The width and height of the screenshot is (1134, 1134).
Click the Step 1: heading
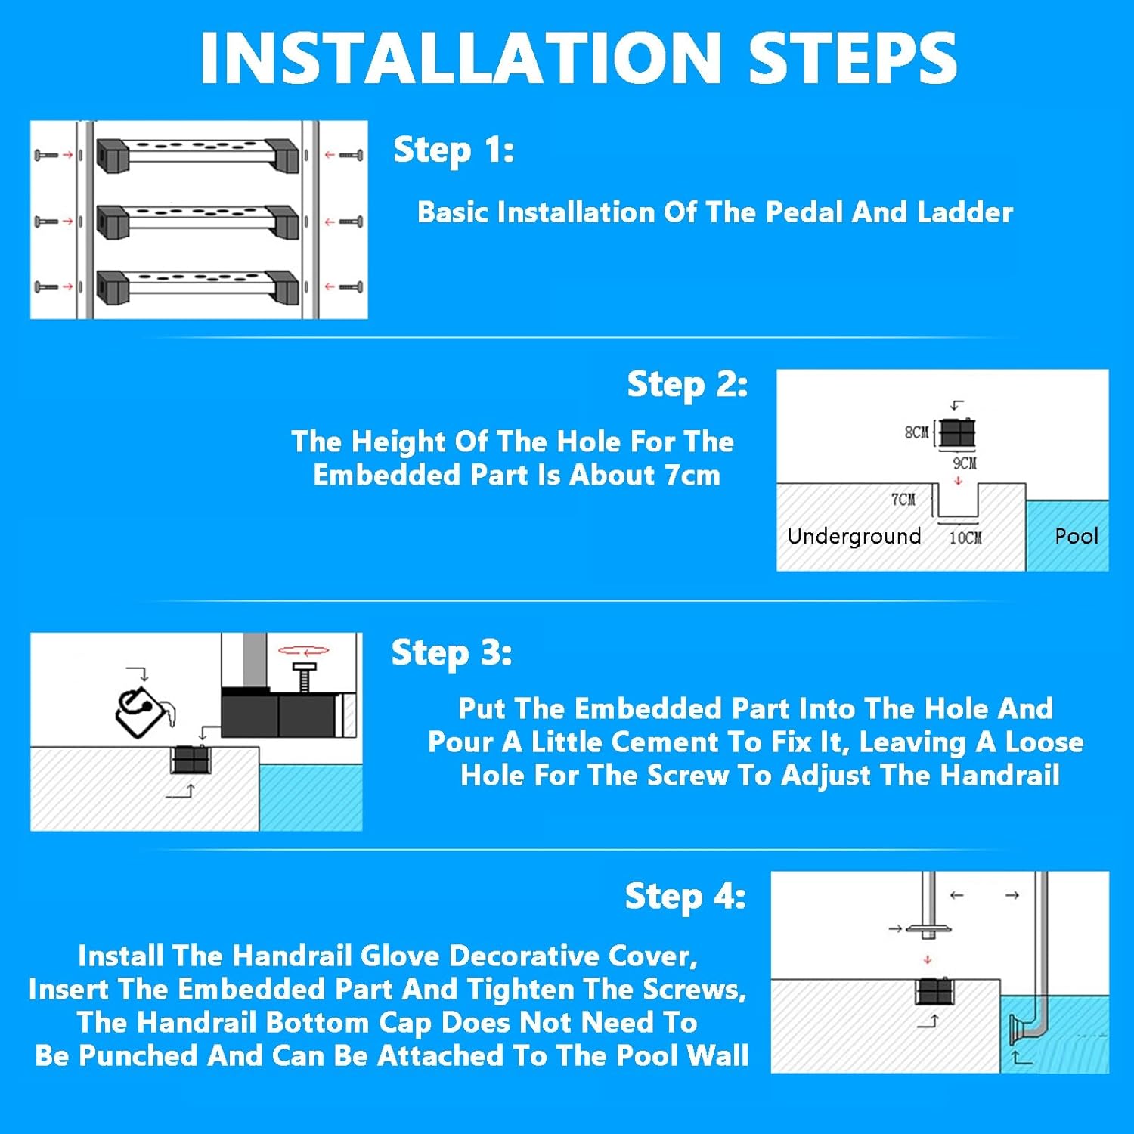(454, 150)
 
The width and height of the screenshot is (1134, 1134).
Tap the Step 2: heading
(687, 384)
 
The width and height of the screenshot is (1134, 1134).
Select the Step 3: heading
(451, 652)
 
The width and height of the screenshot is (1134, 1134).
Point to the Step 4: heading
(685, 897)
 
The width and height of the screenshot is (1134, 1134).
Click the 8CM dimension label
(916, 432)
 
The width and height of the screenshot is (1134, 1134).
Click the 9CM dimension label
(965, 463)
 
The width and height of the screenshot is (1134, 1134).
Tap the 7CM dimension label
(903, 500)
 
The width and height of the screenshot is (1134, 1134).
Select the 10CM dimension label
(965, 538)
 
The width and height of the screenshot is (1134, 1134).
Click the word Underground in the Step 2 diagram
(854, 536)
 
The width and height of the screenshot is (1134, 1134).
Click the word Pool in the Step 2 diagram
(1076, 536)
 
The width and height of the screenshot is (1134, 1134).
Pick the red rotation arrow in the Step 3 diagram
(303, 650)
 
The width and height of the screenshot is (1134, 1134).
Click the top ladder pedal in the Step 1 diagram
(198, 154)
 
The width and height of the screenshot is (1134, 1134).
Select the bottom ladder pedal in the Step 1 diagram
(198, 287)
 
